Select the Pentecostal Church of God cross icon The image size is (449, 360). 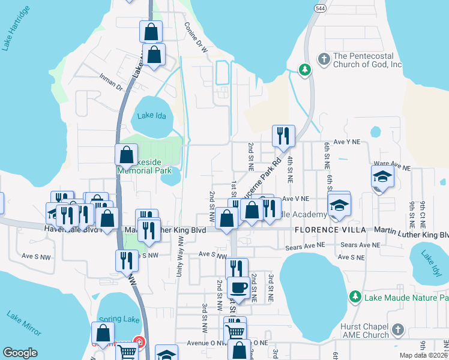324,59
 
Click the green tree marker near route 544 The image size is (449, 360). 305,70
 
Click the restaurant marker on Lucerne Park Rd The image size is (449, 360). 283,136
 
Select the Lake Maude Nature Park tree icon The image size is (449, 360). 355,297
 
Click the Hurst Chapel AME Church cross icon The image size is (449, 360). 397,329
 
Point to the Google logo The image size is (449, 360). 20,353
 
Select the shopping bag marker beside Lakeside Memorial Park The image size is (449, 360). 126,155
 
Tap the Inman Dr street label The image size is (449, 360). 111,82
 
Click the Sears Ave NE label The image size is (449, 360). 303,245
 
